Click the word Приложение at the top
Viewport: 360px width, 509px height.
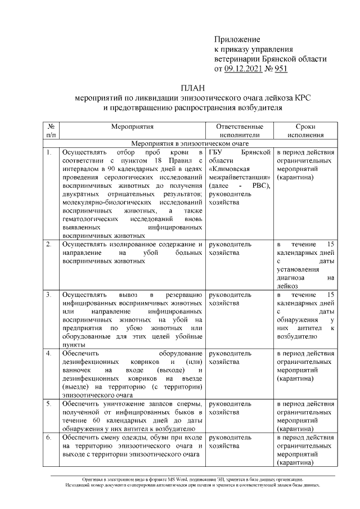click(237, 39)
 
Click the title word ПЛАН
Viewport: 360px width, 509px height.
click(192, 88)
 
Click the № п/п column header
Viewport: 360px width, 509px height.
click(51, 131)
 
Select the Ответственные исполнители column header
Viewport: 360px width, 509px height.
click(239, 131)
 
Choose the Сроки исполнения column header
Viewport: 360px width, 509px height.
click(305, 131)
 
